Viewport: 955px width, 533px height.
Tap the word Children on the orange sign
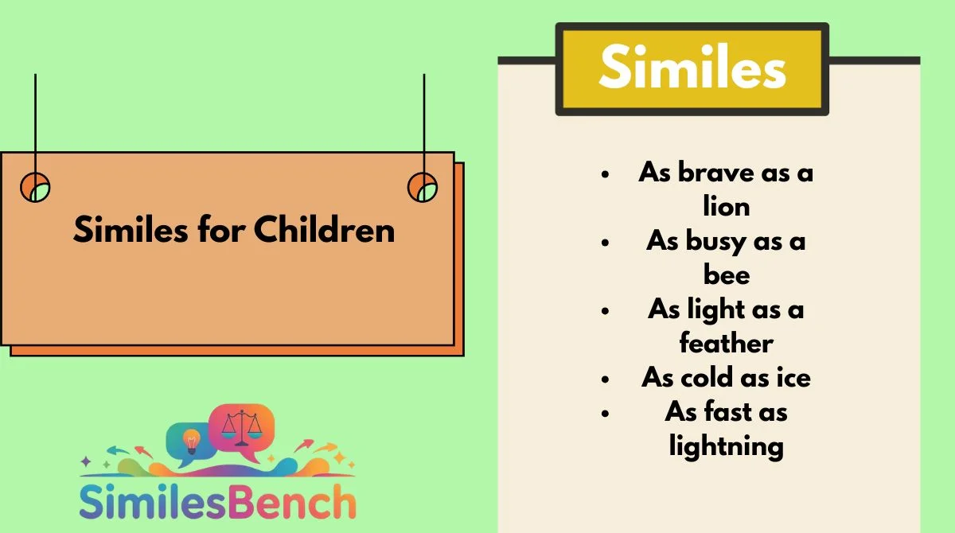[325, 229]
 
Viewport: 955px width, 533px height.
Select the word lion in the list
[727, 206]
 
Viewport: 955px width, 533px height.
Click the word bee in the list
[727, 274]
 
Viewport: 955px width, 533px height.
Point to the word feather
[727, 343]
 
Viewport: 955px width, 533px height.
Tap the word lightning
[727, 447]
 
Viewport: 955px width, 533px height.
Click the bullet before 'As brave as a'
[605, 174]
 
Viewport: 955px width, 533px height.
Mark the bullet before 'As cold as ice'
[605, 379]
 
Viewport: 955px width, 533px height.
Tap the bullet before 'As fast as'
[605, 413]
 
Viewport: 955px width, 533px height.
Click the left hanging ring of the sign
[21, 187]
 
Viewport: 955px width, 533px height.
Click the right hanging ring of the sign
[409, 187]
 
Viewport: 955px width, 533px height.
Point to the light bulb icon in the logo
[192, 442]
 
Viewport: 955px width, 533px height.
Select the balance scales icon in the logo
[242, 427]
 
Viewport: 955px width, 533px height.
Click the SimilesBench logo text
[217, 501]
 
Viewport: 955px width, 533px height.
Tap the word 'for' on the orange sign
[221, 229]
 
